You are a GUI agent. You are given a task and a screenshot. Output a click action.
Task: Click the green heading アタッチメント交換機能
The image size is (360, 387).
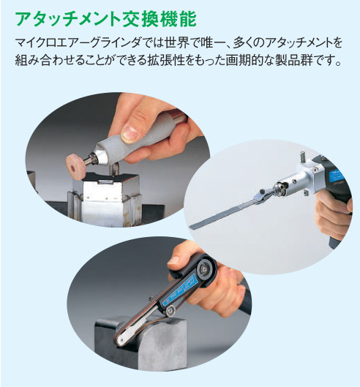(105, 19)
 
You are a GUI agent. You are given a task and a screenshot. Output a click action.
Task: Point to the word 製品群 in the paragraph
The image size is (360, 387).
(294, 60)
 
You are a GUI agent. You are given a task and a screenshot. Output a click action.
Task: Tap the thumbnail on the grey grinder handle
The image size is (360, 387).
(130, 132)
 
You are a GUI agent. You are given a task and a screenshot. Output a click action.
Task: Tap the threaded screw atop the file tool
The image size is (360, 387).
(303, 157)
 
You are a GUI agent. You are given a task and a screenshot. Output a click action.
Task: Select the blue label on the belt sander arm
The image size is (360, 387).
(179, 290)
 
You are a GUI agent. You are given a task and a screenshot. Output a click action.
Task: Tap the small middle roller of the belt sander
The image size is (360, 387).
(170, 310)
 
